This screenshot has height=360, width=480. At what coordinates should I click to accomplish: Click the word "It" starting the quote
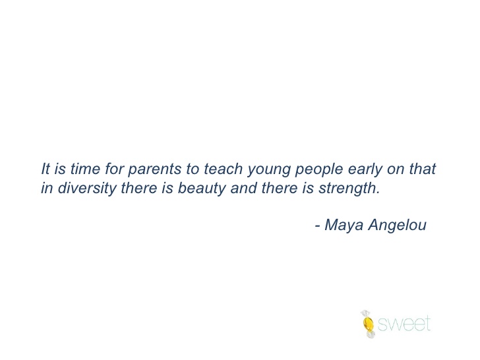pyautogui.click(x=45, y=169)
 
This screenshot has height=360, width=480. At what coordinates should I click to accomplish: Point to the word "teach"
pyautogui.click(x=223, y=169)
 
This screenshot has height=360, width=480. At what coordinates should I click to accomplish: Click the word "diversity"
pyautogui.click(x=87, y=189)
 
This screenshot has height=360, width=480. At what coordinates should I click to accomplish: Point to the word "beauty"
pyautogui.click(x=202, y=189)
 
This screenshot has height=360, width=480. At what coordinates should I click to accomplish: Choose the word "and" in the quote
pyautogui.click(x=244, y=188)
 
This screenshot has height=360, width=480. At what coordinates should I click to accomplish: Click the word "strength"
pyautogui.click(x=347, y=189)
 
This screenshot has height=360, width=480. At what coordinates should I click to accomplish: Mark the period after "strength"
pyautogui.click(x=378, y=193)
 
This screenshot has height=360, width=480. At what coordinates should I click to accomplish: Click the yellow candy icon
pyautogui.click(x=368, y=324)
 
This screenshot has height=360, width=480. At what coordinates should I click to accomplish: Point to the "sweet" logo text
pyautogui.click(x=404, y=324)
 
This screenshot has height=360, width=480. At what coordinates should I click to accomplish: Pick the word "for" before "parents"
pyautogui.click(x=114, y=169)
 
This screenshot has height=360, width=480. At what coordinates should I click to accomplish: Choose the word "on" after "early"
pyautogui.click(x=396, y=170)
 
